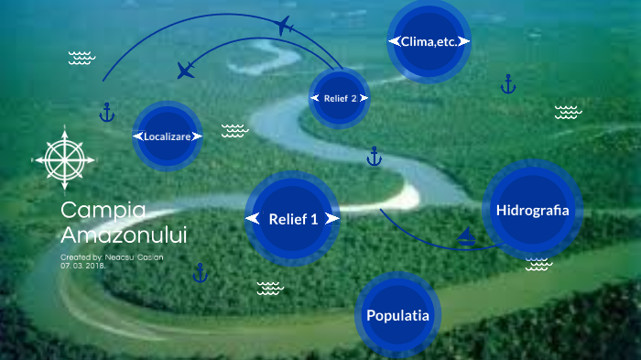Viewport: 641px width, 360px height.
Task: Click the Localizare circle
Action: tap(167, 136)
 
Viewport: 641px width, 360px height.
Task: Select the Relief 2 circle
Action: tap(340, 98)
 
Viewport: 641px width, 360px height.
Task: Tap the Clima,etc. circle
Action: tap(429, 41)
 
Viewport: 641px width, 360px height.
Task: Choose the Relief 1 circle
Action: tap(293, 219)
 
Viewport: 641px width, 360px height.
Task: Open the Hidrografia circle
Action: tap(532, 211)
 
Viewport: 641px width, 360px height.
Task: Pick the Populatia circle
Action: tap(397, 316)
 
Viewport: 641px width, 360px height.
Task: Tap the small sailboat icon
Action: tap(467, 238)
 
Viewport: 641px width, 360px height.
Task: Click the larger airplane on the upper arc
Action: tap(283, 25)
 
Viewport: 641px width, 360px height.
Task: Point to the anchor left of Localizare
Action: tap(107, 114)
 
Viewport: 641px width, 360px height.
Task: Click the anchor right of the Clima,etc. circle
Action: tap(508, 85)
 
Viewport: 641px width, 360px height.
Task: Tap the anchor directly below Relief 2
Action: tap(374, 157)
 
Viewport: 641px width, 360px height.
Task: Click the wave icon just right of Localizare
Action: tap(234, 131)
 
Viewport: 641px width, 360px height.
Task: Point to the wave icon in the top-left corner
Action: tap(81, 59)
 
